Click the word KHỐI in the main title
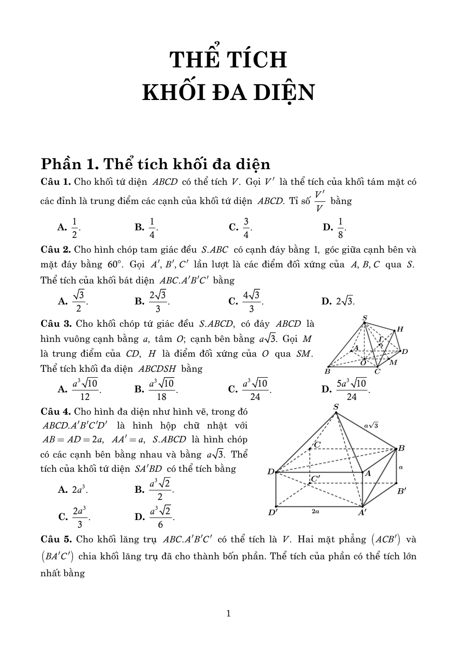tap(172, 93)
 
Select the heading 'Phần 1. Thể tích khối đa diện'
tap(155, 164)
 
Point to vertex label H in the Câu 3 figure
tap(400, 329)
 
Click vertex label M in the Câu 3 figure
tap(393, 362)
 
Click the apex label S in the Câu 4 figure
tap(336, 407)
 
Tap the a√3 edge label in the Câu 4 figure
tap(371, 425)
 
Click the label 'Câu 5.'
tap(56, 539)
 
